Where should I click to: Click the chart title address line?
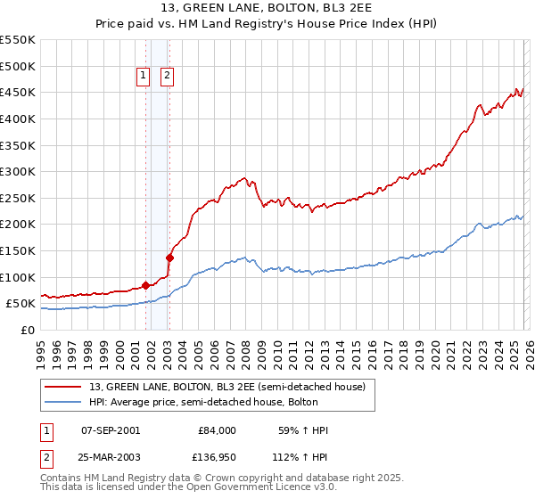(x=267, y=9)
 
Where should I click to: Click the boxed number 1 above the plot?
(x=144, y=77)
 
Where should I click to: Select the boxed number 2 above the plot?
(x=167, y=77)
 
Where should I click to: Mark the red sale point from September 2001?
(x=145, y=286)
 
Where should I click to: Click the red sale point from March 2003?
(x=169, y=258)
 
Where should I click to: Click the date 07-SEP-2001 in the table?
(x=111, y=430)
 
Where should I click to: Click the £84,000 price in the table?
(x=217, y=430)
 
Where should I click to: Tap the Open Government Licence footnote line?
(x=188, y=487)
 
